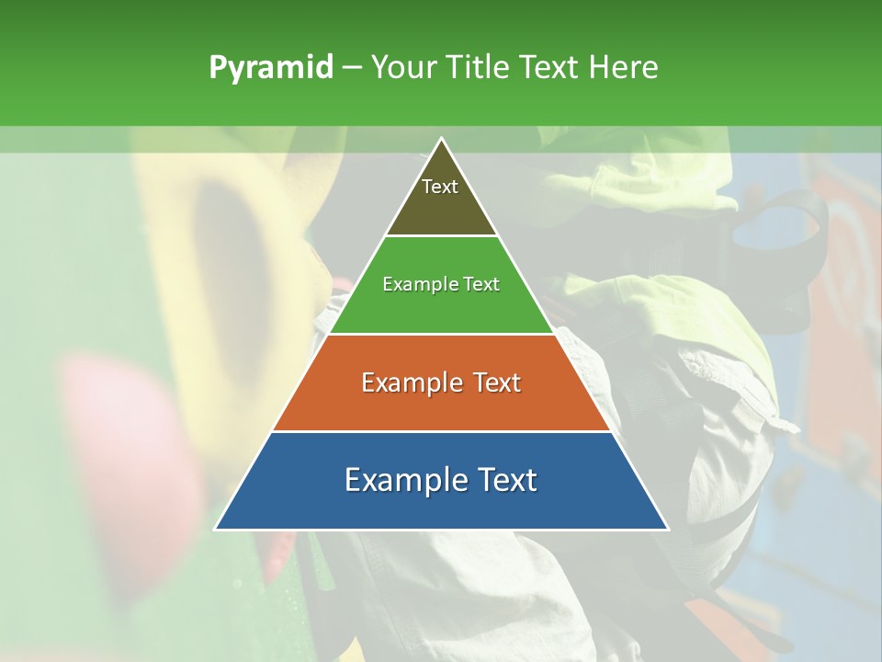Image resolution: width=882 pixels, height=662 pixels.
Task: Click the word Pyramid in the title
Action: point(270,68)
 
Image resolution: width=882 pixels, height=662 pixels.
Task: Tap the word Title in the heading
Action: point(481,68)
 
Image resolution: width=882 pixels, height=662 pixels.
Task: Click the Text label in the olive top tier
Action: point(440,187)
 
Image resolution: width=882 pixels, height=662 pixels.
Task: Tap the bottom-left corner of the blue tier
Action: point(216,529)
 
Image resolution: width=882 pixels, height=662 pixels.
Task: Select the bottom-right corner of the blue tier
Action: point(667,529)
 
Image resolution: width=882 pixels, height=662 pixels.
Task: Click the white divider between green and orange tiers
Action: point(442,334)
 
